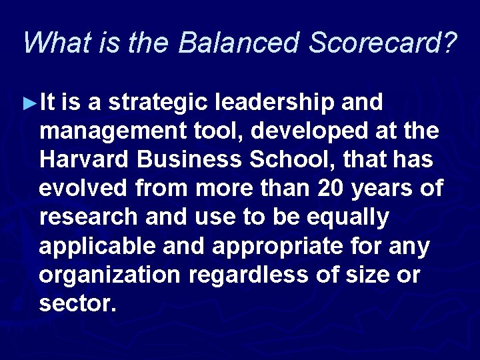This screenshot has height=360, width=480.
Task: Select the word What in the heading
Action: point(52,43)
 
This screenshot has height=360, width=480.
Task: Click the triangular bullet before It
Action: point(29,103)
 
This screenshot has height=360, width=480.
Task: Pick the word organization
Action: point(109,275)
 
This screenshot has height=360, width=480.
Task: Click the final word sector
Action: point(77,303)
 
